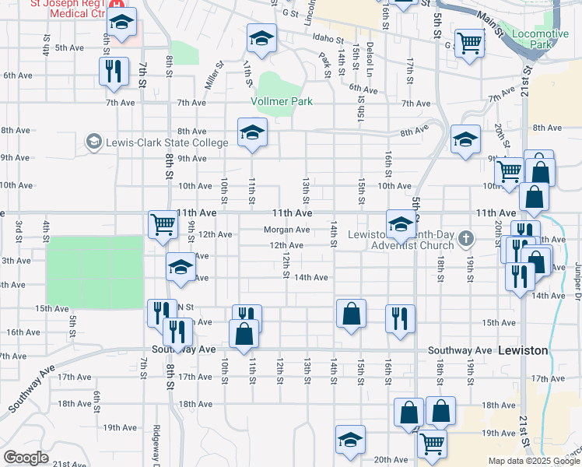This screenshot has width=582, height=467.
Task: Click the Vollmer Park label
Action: tap(281, 102)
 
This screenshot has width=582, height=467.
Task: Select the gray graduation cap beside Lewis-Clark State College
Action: tap(94, 142)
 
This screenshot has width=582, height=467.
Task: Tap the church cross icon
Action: tap(466, 238)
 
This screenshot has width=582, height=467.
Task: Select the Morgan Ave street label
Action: tap(286, 230)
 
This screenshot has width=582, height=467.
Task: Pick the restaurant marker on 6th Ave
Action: tap(114, 71)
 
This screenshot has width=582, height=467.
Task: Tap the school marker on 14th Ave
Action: tap(181, 267)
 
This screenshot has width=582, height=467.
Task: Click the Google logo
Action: tap(26, 458)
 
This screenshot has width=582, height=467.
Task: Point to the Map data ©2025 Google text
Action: tap(533, 461)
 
